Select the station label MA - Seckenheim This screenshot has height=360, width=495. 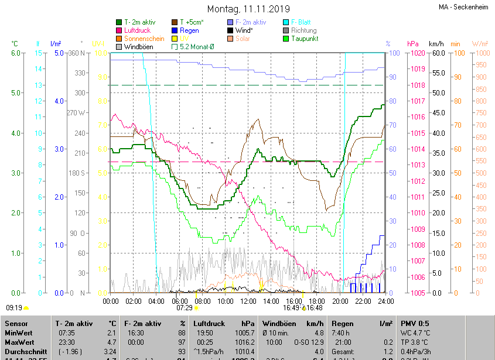(463, 7)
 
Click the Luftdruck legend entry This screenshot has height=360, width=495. (137, 30)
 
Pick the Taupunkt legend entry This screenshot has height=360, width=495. (304, 39)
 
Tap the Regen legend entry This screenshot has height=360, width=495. (189, 30)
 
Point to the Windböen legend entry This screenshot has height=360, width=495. (137, 47)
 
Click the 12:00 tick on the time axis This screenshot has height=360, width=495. (248, 301)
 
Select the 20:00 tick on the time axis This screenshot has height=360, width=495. (340, 301)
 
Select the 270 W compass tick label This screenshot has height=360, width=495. (77, 112)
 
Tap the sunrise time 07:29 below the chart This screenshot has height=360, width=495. (185, 307)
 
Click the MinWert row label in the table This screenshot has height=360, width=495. (19, 332)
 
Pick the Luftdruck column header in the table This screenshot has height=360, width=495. (209, 323)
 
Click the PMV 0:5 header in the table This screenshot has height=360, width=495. (415, 323)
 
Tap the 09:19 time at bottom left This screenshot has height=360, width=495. (14, 307)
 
